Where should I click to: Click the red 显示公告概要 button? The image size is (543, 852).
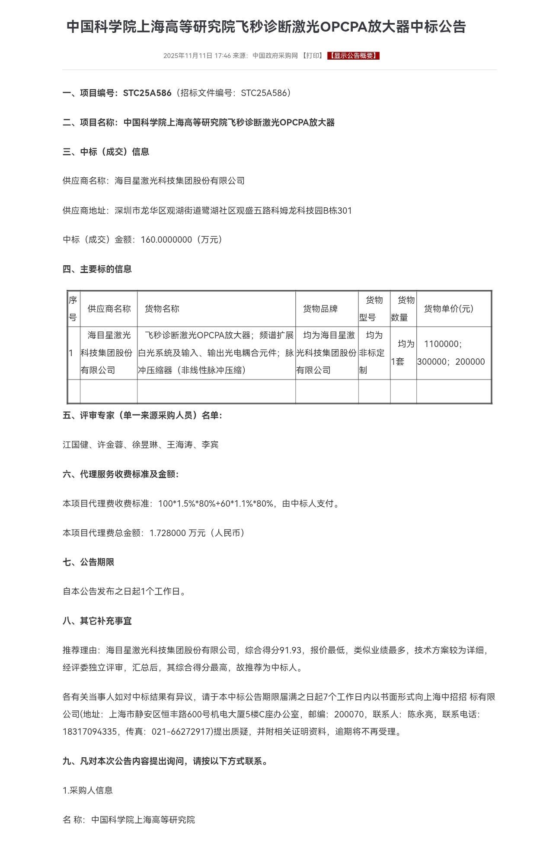353,55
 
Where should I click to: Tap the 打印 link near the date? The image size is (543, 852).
312,55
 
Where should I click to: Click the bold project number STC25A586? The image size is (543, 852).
147,93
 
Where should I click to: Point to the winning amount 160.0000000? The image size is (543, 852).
166,240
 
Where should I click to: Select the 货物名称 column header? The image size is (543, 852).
162,309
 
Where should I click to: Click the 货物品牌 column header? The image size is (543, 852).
320,309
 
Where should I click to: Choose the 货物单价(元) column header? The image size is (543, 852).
448,309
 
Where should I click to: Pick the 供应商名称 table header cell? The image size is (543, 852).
109,309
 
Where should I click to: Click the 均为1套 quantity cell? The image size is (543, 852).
403,353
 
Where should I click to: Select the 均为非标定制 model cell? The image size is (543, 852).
374,353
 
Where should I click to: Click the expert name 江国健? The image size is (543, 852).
76,445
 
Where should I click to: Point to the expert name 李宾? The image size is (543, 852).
210,445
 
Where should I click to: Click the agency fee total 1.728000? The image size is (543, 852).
168,533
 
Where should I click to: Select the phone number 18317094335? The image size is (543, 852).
89,732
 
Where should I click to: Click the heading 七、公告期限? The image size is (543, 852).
89,563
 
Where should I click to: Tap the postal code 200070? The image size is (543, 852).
349,714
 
